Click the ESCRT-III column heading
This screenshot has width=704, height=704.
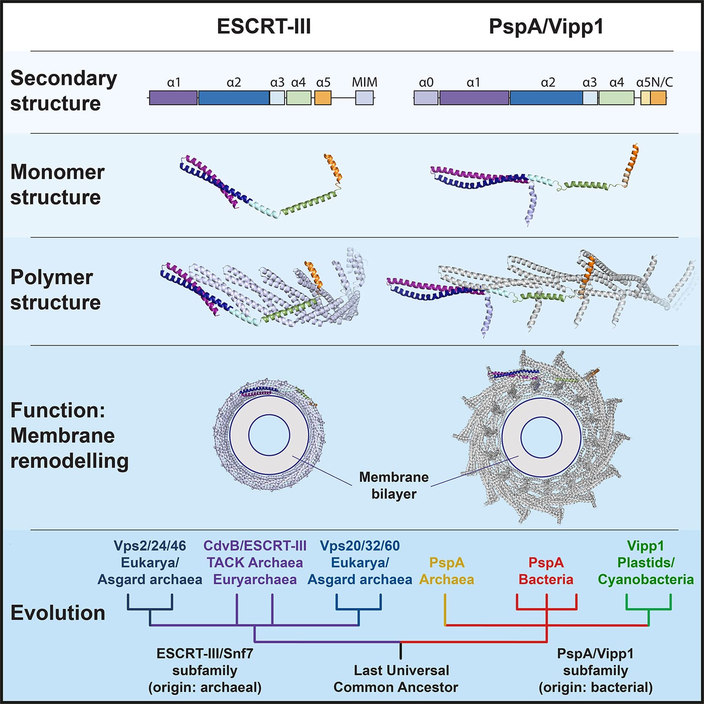264,26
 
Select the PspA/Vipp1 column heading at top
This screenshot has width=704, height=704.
546,26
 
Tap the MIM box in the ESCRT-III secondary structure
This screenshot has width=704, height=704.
364,98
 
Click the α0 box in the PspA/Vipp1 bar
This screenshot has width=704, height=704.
426,98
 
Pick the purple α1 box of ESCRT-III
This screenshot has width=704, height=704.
173,98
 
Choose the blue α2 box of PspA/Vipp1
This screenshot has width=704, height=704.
546,98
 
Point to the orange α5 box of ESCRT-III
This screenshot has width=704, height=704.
323,98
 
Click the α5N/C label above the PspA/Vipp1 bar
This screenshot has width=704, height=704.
654,83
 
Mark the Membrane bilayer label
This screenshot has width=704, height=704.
394,485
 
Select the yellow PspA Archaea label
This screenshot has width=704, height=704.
446,571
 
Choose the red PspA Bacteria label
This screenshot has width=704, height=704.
546,571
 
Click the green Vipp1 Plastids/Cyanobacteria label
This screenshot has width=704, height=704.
645,562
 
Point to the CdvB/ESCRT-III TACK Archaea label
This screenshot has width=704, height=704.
255,562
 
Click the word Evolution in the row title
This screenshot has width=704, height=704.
58,613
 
